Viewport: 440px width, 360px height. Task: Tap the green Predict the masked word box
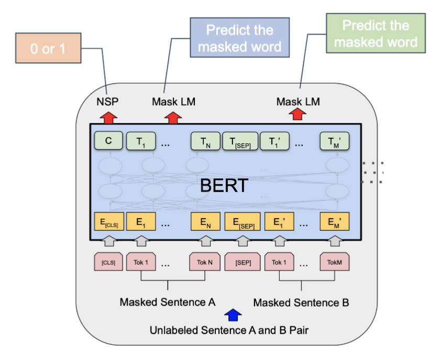[376, 33]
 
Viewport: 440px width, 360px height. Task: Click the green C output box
[108, 140]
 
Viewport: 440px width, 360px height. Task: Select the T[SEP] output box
[240, 141]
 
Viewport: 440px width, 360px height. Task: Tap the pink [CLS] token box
[108, 262]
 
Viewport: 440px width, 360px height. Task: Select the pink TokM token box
[335, 262]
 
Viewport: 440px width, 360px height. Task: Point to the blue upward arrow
[233, 314]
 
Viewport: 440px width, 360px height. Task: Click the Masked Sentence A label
[167, 302]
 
